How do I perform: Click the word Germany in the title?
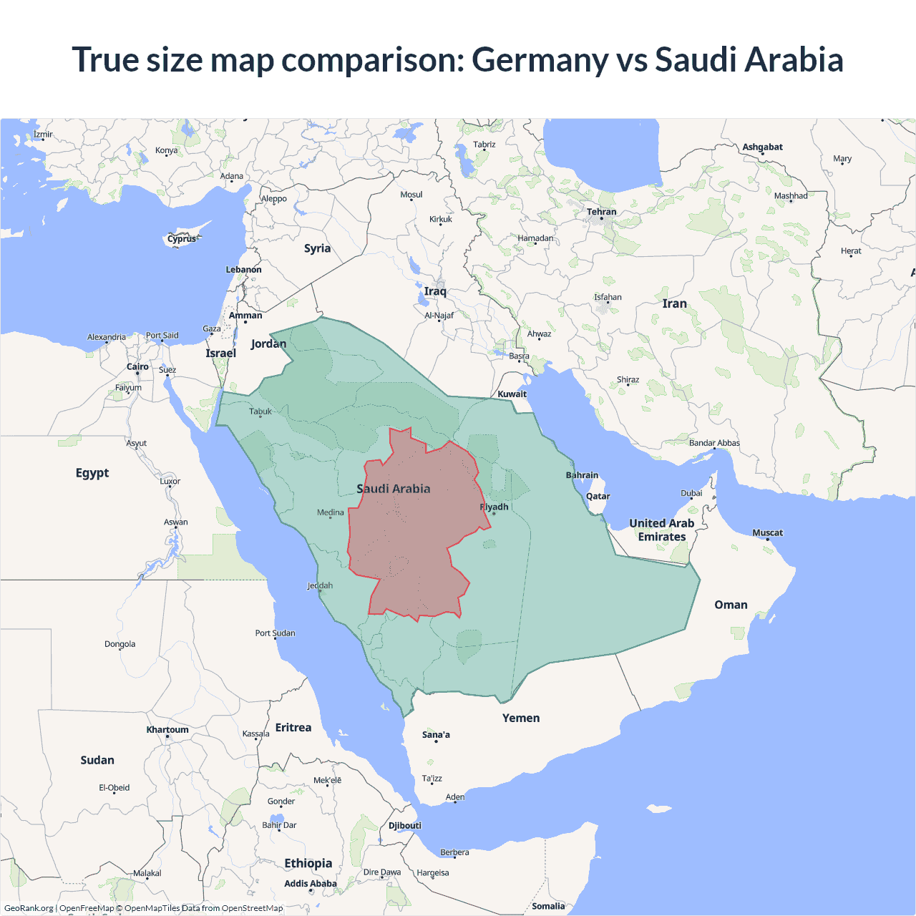[540, 60]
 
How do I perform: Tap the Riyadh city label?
[494, 507]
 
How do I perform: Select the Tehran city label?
[601, 212]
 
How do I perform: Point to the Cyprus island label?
[182, 239]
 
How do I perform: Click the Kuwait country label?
[512, 394]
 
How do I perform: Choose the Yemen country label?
[521, 718]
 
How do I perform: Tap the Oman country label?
[731, 605]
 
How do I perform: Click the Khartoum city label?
[167, 730]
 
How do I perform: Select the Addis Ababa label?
[310, 884]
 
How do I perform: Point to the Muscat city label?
[767, 533]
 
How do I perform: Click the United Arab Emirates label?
[662, 530]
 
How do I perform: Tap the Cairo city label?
[137, 367]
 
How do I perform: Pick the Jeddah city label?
[320, 586]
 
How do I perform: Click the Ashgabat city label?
[762, 147]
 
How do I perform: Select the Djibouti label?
[405, 826]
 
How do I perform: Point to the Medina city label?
[330, 512]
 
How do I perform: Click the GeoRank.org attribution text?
[29, 908]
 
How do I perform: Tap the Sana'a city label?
[436, 735]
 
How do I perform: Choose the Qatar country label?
[598, 497]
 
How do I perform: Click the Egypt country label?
[92, 473]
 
